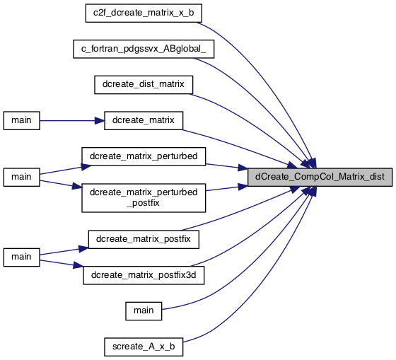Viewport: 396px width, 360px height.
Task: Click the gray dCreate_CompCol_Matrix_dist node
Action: pos(320,177)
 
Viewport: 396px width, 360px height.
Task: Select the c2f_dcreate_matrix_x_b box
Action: pos(144,13)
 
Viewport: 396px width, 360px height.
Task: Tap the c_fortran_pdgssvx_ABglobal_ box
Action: pos(144,49)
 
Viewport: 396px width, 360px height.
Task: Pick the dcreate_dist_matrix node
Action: pos(144,85)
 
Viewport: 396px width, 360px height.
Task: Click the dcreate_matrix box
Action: pos(144,120)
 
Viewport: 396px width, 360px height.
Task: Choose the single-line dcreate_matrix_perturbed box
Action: pos(144,156)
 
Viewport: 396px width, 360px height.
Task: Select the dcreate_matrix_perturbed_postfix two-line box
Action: pos(144,198)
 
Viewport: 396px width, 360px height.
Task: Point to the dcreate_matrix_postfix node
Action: pos(144,239)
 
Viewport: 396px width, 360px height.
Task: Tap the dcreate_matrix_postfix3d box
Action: pos(144,275)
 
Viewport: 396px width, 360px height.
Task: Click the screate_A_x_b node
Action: pos(144,347)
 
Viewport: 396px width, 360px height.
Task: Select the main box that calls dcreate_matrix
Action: pos(22,120)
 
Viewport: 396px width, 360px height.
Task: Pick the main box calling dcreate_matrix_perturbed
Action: pos(22,177)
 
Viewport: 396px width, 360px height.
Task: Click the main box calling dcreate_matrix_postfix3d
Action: pos(22,257)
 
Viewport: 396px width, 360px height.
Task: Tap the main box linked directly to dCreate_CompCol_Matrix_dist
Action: pos(144,311)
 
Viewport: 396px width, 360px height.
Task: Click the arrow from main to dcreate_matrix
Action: pos(72,121)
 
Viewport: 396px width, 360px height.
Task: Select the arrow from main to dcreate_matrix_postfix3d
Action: pos(62,264)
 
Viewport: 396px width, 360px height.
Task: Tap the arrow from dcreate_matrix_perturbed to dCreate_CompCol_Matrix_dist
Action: pos(227,166)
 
